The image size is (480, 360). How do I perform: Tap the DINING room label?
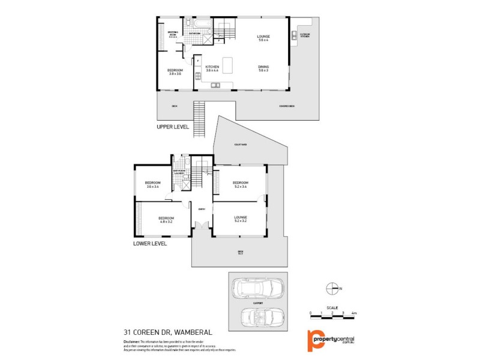(263, 68)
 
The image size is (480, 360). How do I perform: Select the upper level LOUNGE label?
(263, 38)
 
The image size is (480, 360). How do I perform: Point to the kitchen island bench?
(227, 67)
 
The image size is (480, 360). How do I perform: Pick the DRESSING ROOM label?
(172, 35)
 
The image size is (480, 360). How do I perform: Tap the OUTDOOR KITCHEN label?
(304, 35)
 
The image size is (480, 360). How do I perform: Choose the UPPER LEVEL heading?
(173, 127)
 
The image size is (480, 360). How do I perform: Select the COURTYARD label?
(241, 145)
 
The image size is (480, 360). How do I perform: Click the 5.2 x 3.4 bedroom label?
(241, 184)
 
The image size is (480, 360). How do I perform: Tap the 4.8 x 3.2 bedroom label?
(166, 220)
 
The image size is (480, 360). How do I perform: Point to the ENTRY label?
(202, 209)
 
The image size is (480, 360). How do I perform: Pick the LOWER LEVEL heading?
(150, 244)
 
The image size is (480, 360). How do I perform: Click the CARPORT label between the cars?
(258, 304)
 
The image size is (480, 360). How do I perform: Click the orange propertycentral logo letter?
(314, 340)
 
